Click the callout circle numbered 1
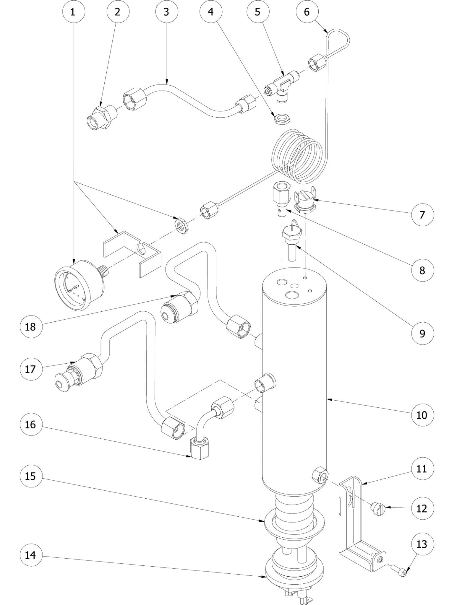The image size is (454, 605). (x=74, y=12)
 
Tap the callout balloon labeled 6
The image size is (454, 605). (x=307, y=12)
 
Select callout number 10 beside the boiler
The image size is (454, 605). (x=422, y=415)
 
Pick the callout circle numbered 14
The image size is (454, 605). (x=30, y=555)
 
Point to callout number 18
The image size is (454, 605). (x=30, y=327)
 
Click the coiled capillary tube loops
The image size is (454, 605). (x=299, y=157)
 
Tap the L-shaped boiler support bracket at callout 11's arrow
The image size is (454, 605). (x=352, y=520)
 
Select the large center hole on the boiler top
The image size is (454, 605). (x=292, y=295)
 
